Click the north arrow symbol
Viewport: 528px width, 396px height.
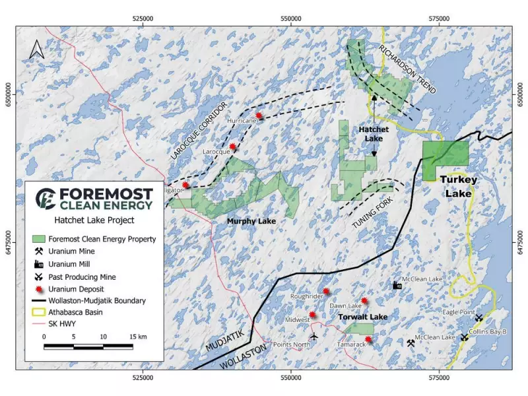(x=37, y=49)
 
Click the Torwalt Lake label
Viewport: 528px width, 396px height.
(x=362, y=317)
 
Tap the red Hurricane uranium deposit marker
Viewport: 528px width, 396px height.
(x=259, y=115)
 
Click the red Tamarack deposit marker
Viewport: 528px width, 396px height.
(x=368, y=340)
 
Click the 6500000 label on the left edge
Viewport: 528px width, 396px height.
(x=9, y=93)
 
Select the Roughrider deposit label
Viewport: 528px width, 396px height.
(x=306, y=297)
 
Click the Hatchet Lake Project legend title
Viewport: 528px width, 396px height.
(x=93, y=220)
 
